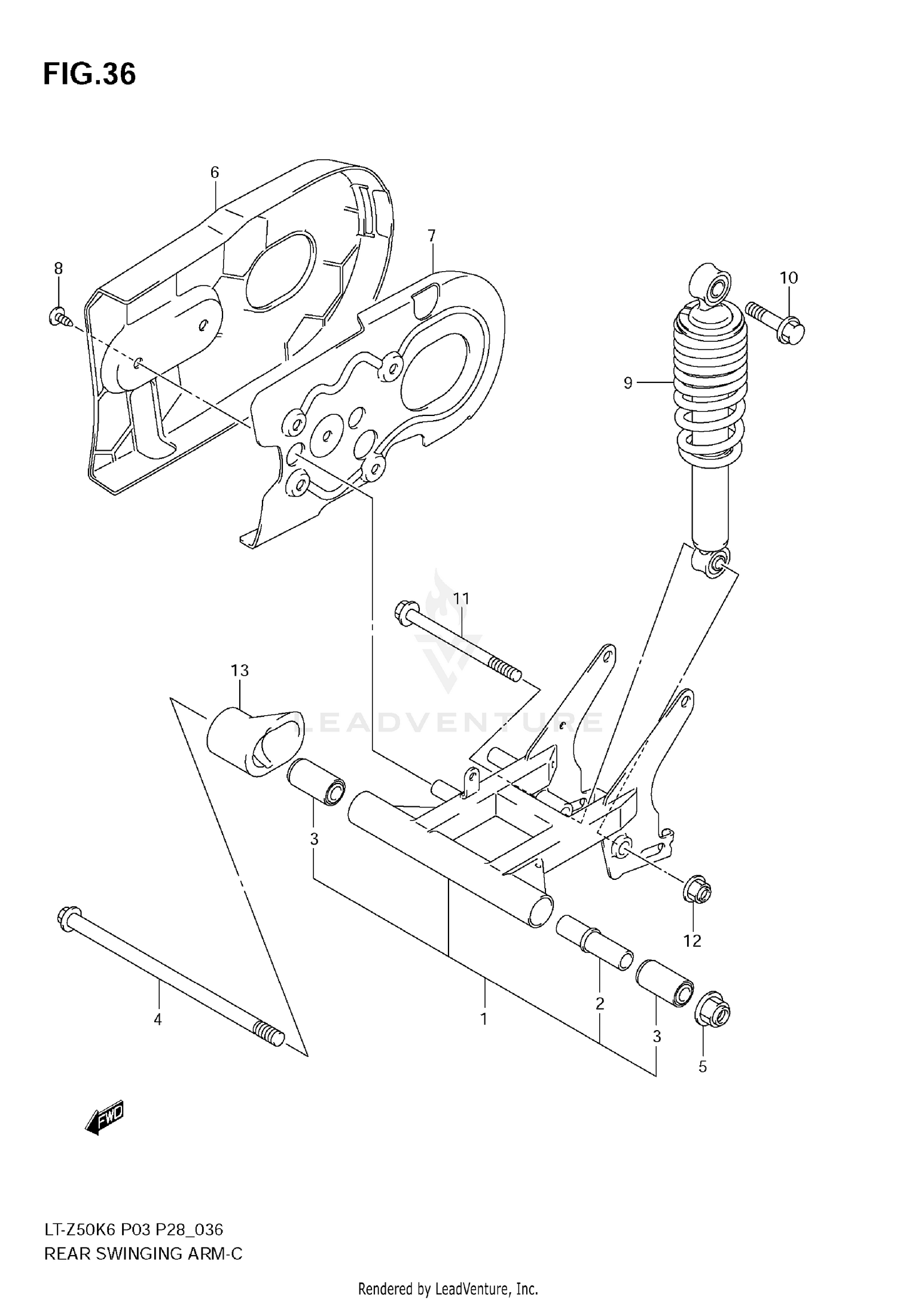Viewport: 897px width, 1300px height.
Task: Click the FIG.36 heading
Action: pyautogui.click(x=90, y=75)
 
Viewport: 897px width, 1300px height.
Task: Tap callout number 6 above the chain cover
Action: pyautogui.click(x=215, y=173)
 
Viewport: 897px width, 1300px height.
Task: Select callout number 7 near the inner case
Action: pyautogui.click(x=432, y=235)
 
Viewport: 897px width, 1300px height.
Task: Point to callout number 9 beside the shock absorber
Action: pyautogui.click(x=628, y=382)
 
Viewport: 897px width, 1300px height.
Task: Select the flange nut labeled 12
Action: pyautogui.click(x=697, y=894)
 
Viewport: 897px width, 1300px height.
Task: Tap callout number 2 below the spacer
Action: pyautogui.click(x=600, y=1004)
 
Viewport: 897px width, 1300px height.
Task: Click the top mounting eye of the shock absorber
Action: pyautogui.click(x=711, y=284)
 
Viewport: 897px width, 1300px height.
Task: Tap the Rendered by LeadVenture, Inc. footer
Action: pyautogui.click(x=448, y=1289)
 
